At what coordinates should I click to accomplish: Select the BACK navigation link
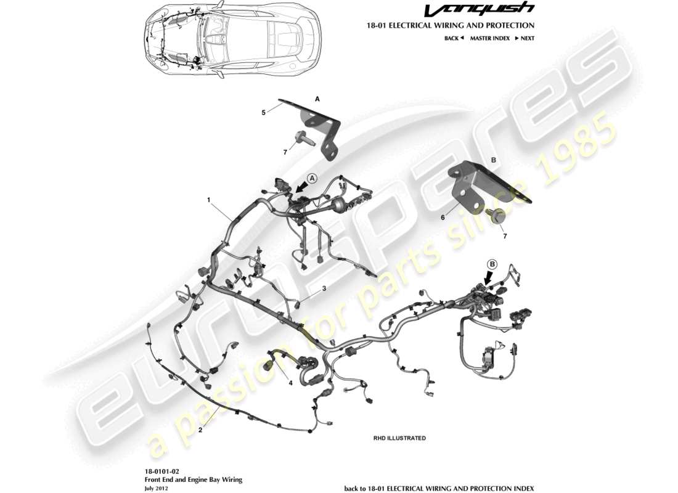(x=454, y=38)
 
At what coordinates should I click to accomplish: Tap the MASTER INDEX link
(x=489, y=38)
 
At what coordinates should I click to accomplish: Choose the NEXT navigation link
(x=525, y=38)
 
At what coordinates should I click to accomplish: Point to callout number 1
(x=209, y=200)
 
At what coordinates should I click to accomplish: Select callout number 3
(x=324, y=288)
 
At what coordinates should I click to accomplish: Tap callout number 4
(x=290, y=382)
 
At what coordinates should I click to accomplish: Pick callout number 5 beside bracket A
(x=263, y=113)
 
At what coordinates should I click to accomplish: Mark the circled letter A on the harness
(x=312, y=177)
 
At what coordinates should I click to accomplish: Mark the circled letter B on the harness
(x=492, y=264)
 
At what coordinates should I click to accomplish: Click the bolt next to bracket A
(x=304, y=139)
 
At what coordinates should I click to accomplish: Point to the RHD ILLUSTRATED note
(x=399, y=438)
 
